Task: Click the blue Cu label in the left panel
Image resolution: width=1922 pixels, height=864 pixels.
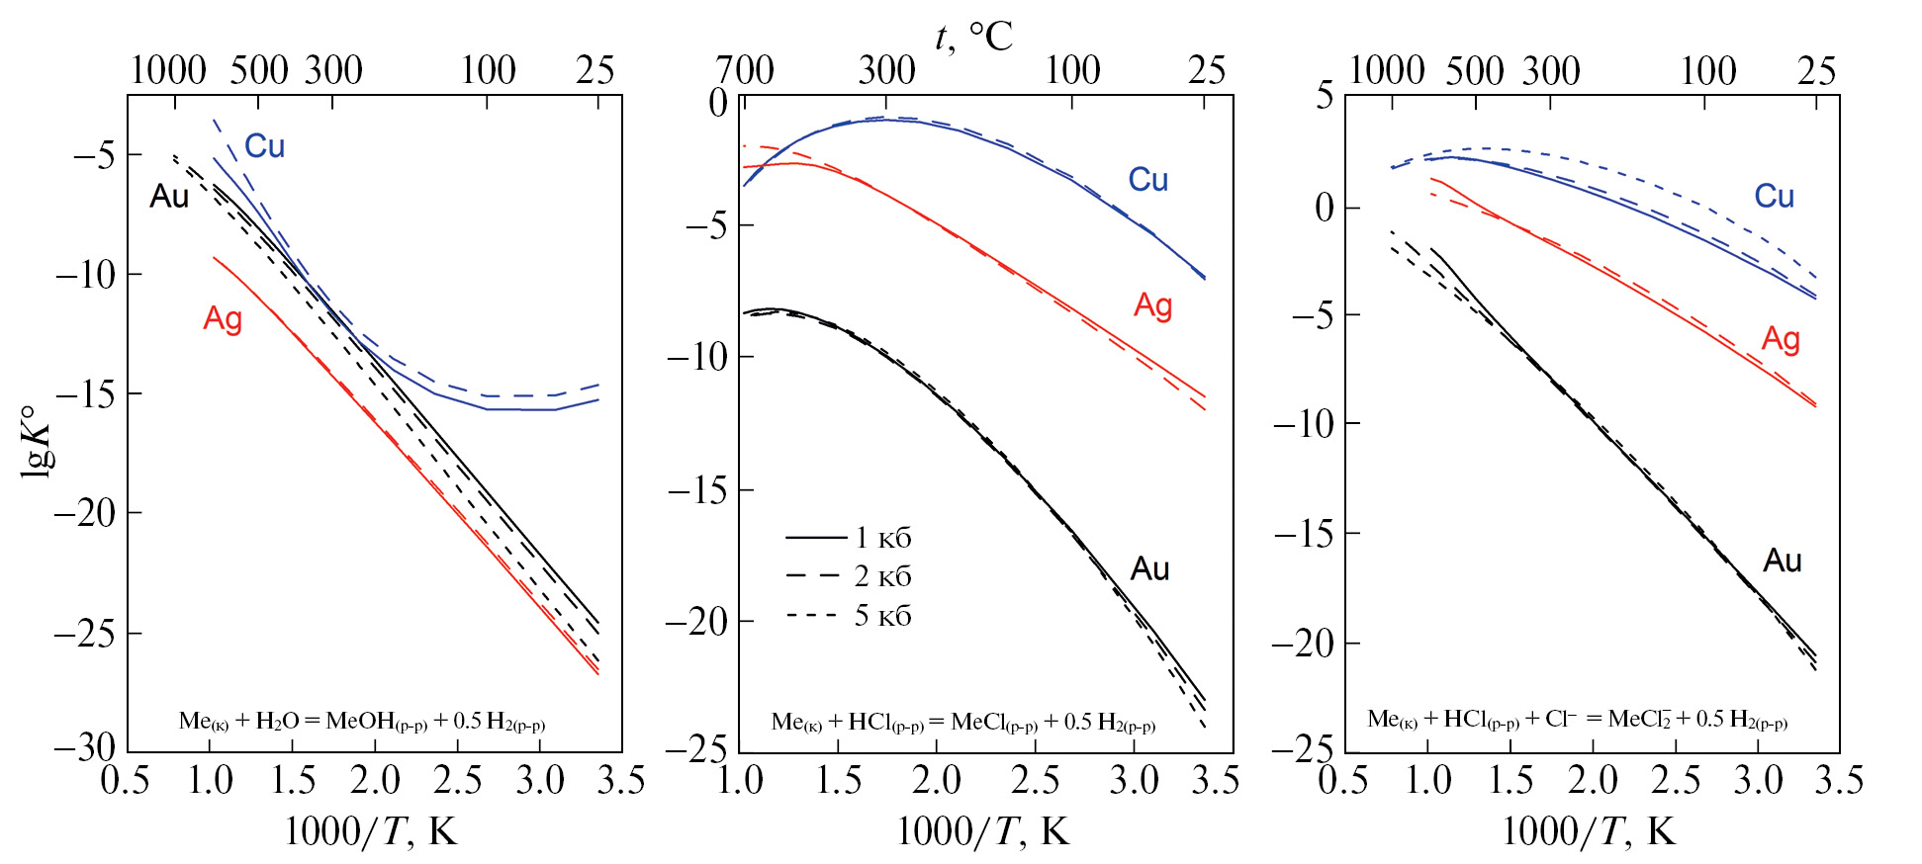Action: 264,146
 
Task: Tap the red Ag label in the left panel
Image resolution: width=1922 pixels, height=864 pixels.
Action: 223,318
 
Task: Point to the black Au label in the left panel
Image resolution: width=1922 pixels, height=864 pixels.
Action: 169,196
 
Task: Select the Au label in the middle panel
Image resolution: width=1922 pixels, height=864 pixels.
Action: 1149,568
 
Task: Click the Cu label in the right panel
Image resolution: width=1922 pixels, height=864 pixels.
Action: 1774,196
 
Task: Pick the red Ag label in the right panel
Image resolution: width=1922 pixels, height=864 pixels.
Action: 1781,339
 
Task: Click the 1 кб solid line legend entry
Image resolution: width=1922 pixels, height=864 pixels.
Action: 849,538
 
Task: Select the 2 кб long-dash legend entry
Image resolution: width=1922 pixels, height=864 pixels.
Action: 849,576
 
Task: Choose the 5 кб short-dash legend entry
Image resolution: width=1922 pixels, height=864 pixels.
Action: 849,616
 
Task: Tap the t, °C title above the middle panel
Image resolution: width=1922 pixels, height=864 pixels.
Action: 973,38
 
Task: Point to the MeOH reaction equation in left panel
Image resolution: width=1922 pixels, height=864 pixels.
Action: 361,722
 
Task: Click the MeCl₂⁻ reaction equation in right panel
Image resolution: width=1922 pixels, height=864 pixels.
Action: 1577,720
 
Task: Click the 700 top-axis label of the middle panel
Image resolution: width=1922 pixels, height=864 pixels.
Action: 745,70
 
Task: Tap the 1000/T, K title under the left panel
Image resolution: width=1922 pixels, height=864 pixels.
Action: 371,832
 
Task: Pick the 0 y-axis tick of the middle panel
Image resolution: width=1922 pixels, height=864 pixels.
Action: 718,102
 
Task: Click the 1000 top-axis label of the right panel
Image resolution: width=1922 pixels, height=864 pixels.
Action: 1387,70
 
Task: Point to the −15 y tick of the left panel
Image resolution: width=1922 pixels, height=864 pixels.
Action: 85,394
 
